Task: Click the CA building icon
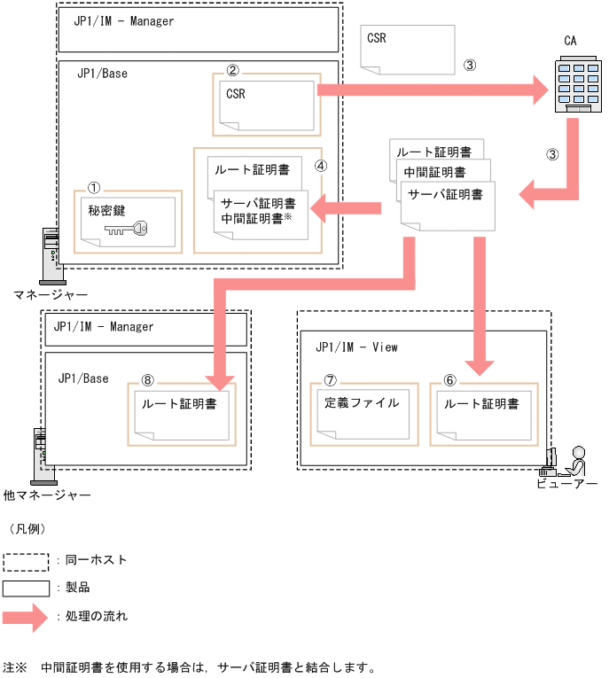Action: [572, 84]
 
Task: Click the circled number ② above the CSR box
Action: [233, 69]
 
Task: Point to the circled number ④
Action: [321, 165]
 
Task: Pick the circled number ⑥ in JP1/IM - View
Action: [449, 379]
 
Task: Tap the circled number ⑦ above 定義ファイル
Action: [331, 379]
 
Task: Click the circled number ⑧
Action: [148, 378]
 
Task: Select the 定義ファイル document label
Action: [362, 403]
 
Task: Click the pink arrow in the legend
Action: [25, 616]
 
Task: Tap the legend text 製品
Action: [78, 588]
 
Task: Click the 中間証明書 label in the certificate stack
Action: [434, 172]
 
